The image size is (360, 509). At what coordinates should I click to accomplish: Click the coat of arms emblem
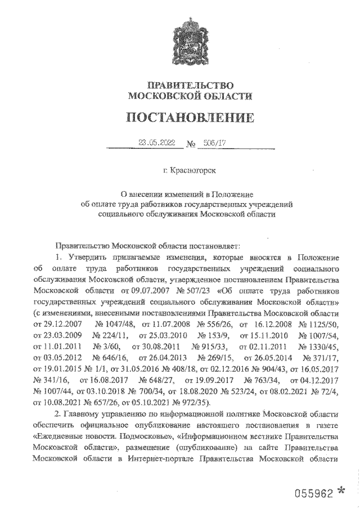[x=190, y=40]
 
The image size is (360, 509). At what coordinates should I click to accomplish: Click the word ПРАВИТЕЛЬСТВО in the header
[x=190, y=85]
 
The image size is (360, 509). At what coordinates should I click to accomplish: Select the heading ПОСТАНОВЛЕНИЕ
[x=190, y=118]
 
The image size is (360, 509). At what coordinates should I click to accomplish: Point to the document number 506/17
[x=212, y=143]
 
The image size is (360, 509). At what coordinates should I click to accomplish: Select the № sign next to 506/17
[x=190, y=145]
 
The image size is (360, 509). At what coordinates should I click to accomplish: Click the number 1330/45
[x=320, y=346]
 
